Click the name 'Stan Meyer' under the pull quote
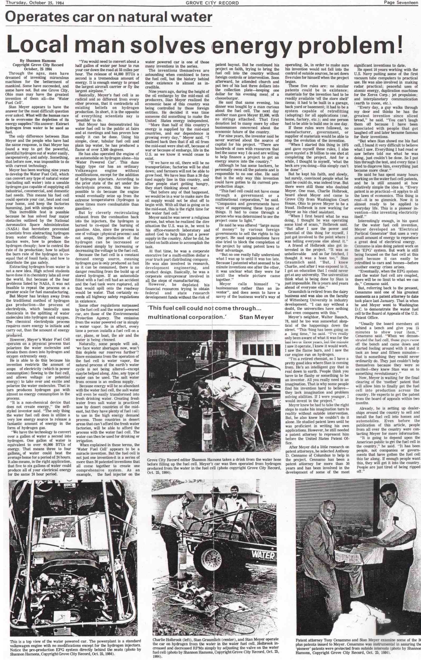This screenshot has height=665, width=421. [256, 317]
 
